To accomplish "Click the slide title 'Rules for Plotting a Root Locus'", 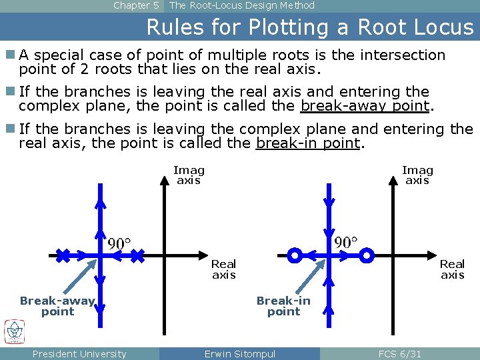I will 309,27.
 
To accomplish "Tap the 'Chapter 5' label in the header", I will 136,5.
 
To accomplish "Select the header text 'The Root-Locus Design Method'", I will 242,5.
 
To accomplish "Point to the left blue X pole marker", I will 62,255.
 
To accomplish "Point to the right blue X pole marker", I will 137,255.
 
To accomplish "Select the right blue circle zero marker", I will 367,255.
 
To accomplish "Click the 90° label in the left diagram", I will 119,243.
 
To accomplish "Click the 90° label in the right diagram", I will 346,241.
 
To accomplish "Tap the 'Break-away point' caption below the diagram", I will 57,306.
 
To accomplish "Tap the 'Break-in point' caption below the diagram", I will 283,306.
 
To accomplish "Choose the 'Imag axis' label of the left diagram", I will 189,175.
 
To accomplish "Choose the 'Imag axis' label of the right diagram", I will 417,175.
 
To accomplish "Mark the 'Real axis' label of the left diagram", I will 223,269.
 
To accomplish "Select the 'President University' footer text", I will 79,354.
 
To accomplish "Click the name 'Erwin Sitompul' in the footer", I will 239,354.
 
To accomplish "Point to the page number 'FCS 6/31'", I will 399,354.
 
